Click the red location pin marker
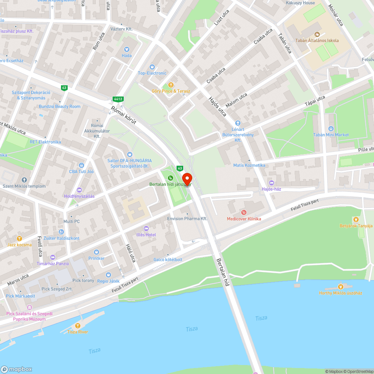(187, 179)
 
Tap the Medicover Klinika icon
(244, 212)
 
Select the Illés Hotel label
(146, 234)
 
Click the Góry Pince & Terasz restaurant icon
(171, 85)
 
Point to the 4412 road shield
(118, 99)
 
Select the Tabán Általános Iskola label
(317, 40)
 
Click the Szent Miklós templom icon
(24, 180)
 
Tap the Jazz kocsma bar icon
(19, 238)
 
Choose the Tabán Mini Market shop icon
(331, 128)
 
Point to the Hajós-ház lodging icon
(272, 183)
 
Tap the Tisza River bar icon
(78, 325)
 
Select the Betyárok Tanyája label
(356, 226)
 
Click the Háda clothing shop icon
(126, 49)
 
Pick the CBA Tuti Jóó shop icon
(82, 165)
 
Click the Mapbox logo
(16, 369)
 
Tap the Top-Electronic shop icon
(152, 67)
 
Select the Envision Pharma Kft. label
(187, 218)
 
